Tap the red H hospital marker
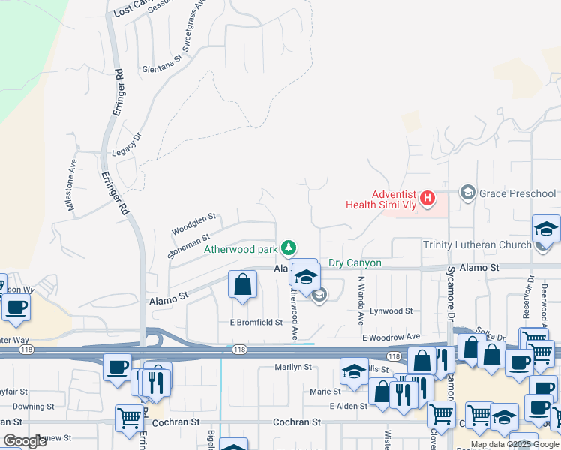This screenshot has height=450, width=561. (x=427, y=199)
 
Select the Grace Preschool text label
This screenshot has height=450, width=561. (x=517, y=193)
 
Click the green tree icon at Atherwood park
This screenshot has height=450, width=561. (x=288, y=247)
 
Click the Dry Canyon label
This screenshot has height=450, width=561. (x=355, y=263)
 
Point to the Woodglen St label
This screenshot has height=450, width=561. (x=193, y=223)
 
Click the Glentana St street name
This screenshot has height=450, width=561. (x=162, y=70)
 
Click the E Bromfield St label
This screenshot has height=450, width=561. (x=256, y=322)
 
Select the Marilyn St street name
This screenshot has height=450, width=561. (x=292, y=367)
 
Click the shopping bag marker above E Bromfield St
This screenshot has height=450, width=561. (x=242, y=285)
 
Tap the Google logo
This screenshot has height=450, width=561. (x=25, y=441)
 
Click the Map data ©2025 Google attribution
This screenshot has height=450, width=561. (x=514, y=444)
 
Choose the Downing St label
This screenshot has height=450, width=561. (x=28, y=406)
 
